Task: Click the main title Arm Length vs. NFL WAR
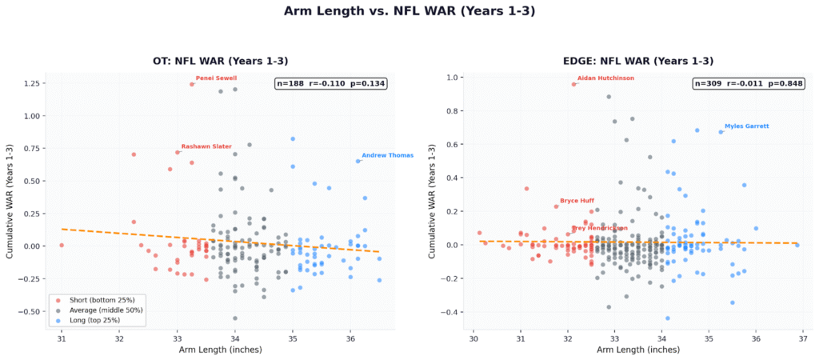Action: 409,12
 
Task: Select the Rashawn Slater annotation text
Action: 206,146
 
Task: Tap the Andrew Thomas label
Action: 387,155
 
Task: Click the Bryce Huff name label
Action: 577,201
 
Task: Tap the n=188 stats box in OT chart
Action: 330,83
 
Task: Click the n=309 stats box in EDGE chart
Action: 748,83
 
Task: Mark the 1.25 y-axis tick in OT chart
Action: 32,84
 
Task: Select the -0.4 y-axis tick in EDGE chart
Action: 453,312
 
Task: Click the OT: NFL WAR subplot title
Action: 220,61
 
